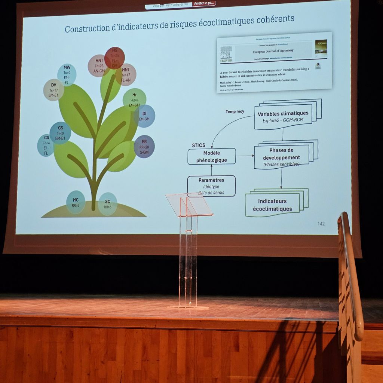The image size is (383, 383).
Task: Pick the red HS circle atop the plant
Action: click(x=114, y=58)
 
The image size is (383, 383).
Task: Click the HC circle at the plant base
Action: click(x=76, y=202)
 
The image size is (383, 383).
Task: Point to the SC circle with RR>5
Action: click(x=108, y=204)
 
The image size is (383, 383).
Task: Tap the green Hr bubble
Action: click(x=134, y=99)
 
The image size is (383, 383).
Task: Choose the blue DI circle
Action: click(x=145, y=116)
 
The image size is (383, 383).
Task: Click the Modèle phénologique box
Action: click(x=212, y=157)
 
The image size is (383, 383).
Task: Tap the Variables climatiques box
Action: click(x=283, y=116)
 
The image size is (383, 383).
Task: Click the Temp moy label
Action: click(x=235, y=111)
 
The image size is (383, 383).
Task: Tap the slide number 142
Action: click(x=321, y=224)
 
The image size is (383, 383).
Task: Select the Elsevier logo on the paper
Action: click(x=226, y=55)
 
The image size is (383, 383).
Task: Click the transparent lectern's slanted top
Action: click(x=189, y=204)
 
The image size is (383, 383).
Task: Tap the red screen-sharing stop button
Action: click(x=204, y=3)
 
